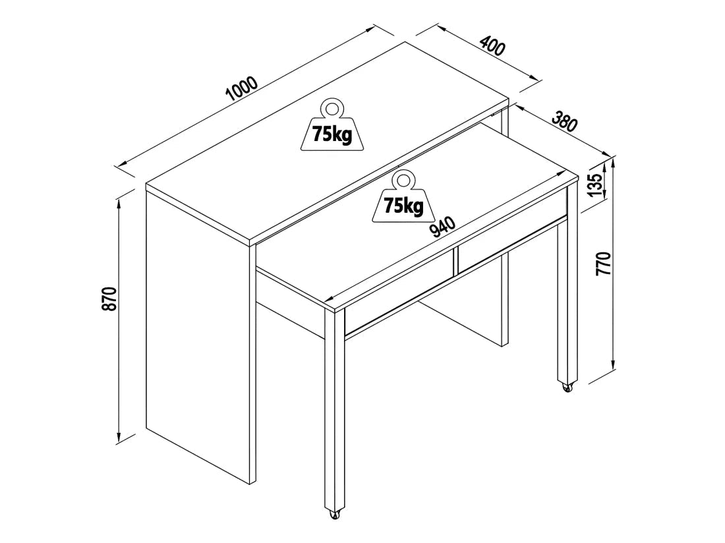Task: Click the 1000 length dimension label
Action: (x=241, y=88)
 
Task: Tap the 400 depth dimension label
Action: (x=493, y=45)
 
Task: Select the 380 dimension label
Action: (x=565, y=121)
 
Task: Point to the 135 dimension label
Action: (x=596, y=185)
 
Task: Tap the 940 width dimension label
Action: (x=442, y=228)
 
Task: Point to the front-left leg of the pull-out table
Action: (x=335, y=409)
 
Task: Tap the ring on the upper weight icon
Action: (x=332, y=108)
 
